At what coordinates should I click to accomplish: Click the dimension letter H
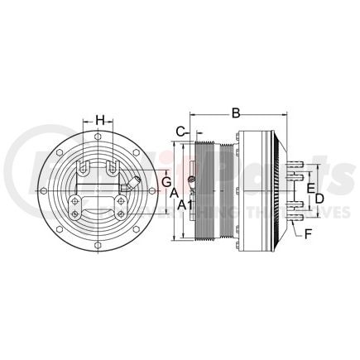(100, 119)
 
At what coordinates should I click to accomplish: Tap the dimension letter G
(166, 180)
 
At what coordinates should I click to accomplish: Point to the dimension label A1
(185, 204)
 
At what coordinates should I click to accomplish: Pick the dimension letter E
(310, 188)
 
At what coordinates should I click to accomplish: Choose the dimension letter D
(319, 199)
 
